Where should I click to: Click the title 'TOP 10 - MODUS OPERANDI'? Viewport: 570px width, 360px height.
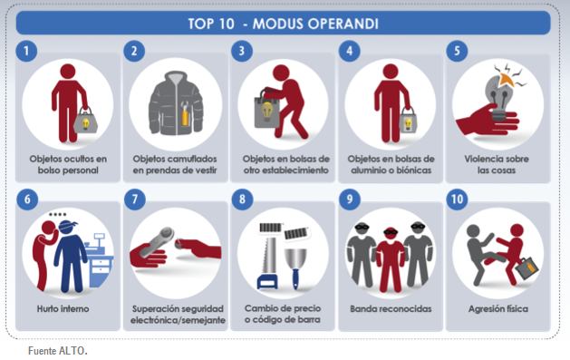[284, 22]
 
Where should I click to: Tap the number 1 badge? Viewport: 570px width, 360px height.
[28, 51]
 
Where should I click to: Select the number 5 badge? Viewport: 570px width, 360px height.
[459, 51]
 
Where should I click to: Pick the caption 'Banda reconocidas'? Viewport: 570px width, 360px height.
[391, 308]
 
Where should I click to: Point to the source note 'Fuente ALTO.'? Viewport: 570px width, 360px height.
[57, 349]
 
